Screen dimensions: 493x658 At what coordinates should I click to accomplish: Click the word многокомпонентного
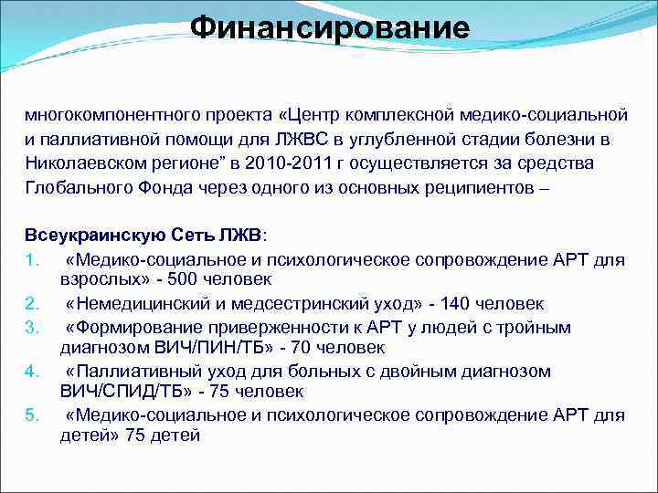pos(103,117)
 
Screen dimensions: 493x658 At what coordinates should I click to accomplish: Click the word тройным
pos(538,327)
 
